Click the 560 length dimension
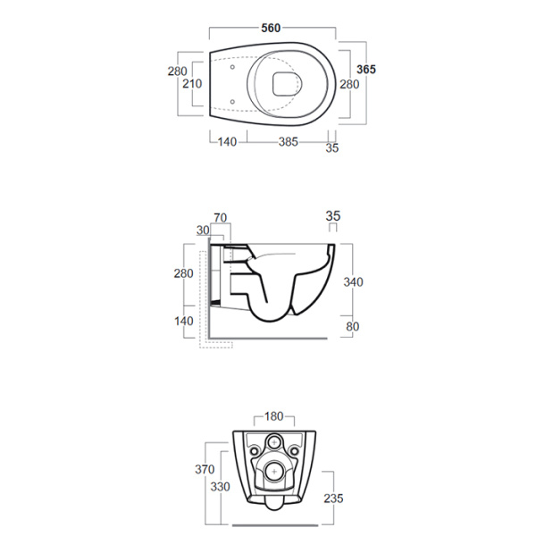pyautogui.click(x=271, y=28)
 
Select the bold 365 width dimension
pyautogui.click(x=366, y=70)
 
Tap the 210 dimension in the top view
pyautogui.click(x=192, y=84)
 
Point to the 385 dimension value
pyautogui.click(x=289, y=142)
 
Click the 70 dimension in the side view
pyautogui.click(x=221, y=218)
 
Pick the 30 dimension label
pyautogui.click(x=203, y=230)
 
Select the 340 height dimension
pyautogui.click(x=353, y=282)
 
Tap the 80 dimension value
pyautogui.click(x=353, y=326)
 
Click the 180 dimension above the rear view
pyautogui.click(x=274, y=416)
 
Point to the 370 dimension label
pyautogui.click(x=205, y=469)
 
